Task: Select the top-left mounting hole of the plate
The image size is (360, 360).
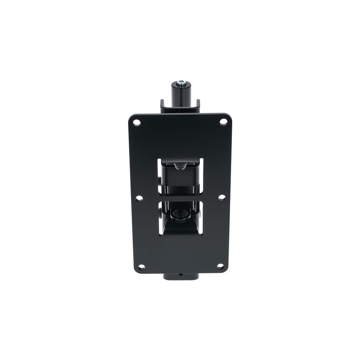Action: point(136,123)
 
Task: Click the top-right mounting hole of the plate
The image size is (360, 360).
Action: point(223,122)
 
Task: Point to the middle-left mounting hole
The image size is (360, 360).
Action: point(139,198)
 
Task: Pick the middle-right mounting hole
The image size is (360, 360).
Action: point(222,198)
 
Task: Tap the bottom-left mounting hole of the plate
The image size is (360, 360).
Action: point(141,267)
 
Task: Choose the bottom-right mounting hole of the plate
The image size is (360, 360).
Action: point(220,266)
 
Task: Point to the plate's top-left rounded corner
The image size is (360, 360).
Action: point(131,117)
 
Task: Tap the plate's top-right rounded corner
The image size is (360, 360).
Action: point(229,116)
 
